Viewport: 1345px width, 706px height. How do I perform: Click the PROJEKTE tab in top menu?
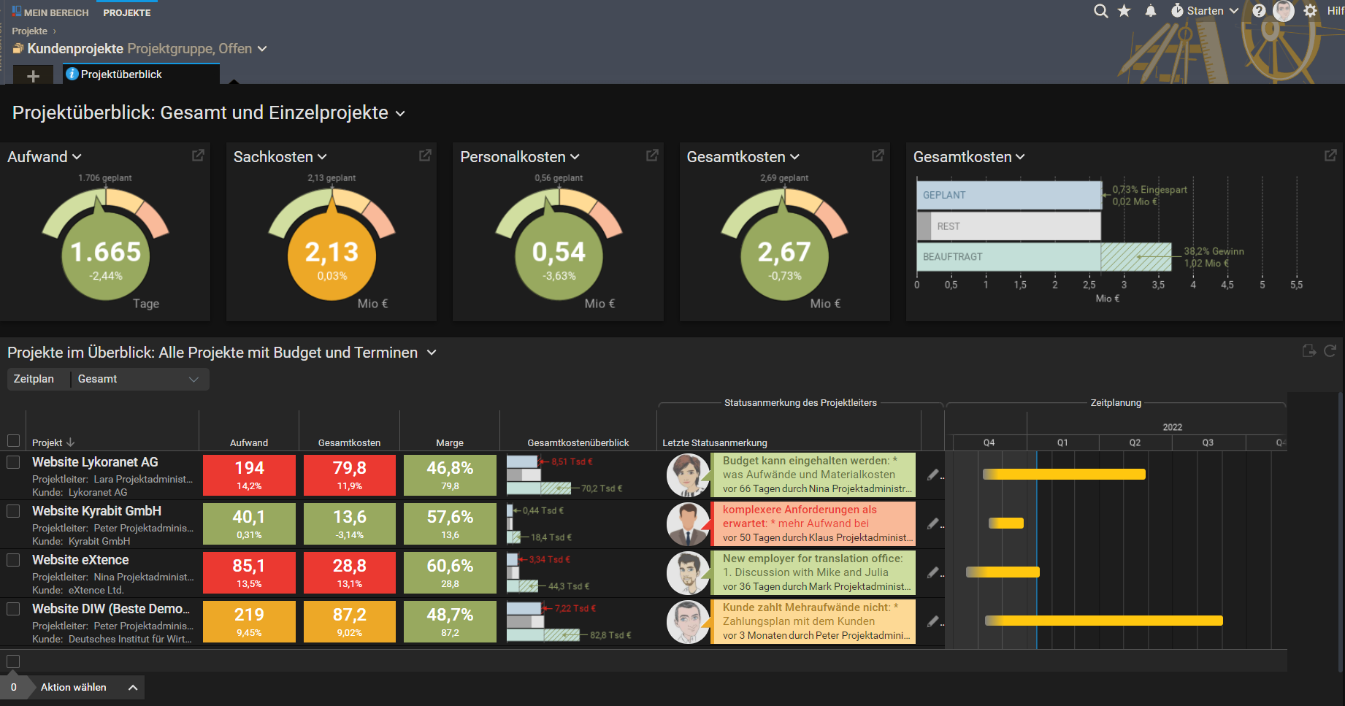[x=127, y=12]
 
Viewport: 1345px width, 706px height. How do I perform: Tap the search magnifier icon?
[x=1100, y=11]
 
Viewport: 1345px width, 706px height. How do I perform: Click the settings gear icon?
[x=1311, y=11]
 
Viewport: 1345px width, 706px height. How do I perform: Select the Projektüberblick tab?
[x=121, y=74]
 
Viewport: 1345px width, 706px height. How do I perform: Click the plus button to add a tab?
[x=33, y=76]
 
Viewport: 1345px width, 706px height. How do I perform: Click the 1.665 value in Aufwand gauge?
[x=106, y=253]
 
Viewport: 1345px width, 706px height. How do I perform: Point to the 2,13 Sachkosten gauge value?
[x=332, y=253]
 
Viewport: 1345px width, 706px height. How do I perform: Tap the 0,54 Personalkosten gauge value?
[x=559, y=253]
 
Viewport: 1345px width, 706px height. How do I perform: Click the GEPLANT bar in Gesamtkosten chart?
[x=1008, y=195]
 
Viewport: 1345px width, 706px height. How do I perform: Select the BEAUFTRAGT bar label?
[x=952, y=257]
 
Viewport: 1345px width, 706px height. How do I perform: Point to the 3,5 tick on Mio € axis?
[x=1158, y=285]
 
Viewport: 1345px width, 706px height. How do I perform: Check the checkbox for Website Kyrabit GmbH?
[x=13, y=511]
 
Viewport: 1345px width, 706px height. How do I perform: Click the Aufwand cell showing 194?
[x=249, y=475]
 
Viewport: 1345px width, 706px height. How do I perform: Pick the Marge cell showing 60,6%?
[x=450, y=572]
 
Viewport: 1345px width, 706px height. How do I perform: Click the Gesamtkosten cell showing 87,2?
[x=350, y=621]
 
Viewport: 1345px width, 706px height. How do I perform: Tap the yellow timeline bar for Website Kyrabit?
[x=1006, y=523]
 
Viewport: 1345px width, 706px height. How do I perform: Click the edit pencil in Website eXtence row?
[x=932, y=572]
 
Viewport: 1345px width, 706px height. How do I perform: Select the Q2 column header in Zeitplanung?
[x=1135, y=442]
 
